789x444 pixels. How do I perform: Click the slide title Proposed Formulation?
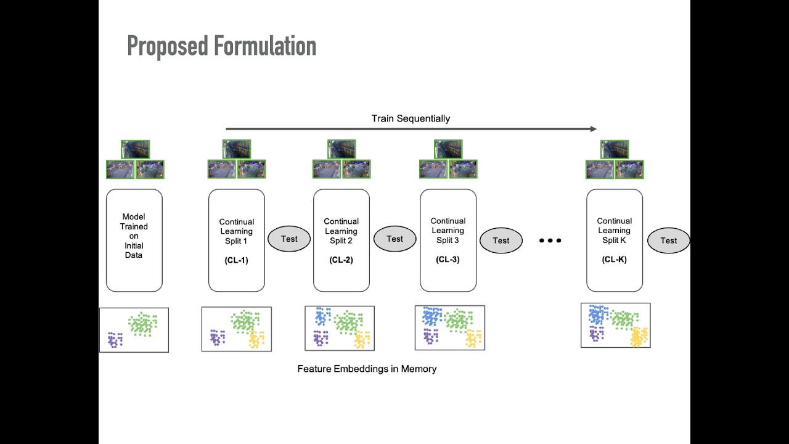point(221,46)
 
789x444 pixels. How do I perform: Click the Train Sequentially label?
point(411,118)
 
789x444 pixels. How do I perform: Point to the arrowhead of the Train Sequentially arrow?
point(594,129)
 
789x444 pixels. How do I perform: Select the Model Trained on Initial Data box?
point(134,240)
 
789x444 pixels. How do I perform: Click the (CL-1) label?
point(236,260)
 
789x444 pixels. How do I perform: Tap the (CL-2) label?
point(341,260)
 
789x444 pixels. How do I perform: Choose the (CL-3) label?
point(448,259)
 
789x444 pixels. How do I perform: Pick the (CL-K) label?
point(614,259)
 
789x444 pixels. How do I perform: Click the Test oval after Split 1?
point(289,239)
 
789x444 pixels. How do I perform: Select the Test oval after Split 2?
point(394,239)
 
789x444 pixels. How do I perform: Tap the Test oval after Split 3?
point(501,240)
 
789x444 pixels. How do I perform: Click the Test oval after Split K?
point(668,240)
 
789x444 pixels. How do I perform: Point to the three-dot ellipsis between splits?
point(550,240)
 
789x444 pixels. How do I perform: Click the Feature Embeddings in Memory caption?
point(367,369)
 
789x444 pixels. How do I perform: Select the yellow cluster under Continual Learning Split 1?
point(256,340)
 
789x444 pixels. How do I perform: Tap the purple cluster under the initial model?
point(115,340)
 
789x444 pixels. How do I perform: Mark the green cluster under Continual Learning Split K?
point(624,319)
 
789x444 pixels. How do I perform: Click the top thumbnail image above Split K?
point(615,149)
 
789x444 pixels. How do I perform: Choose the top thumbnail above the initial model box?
point(135,149)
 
